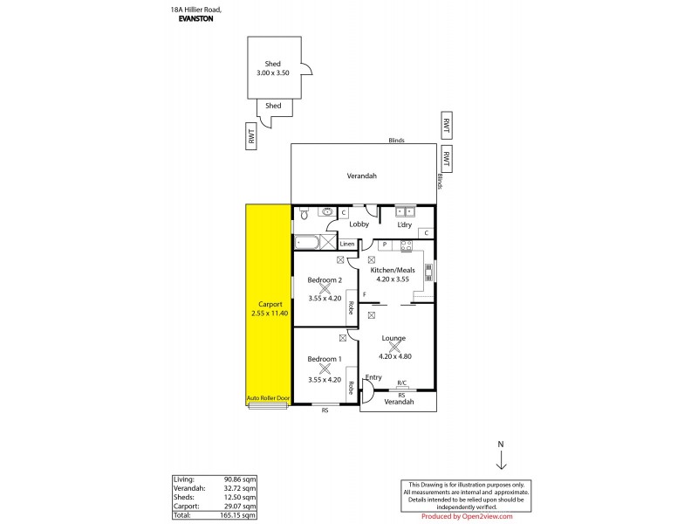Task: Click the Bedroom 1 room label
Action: [x=325, y=358]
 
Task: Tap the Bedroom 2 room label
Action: [x=325, y=279]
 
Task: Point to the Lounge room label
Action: [x=393, y=337]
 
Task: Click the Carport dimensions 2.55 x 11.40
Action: [x=269, y=313]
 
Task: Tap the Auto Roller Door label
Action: [x=268, y=397]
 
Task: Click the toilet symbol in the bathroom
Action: [x=304, y=212]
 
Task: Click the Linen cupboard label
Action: [x=347, y=244]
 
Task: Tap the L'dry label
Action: [x=405, y=225]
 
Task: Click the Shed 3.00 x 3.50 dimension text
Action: [x=273, y=73]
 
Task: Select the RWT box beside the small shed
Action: [x=250, y=135]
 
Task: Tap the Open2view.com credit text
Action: [x=478, y=516]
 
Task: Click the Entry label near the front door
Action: [x=373, y=377]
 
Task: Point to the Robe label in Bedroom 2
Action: [x=351, y=307]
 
